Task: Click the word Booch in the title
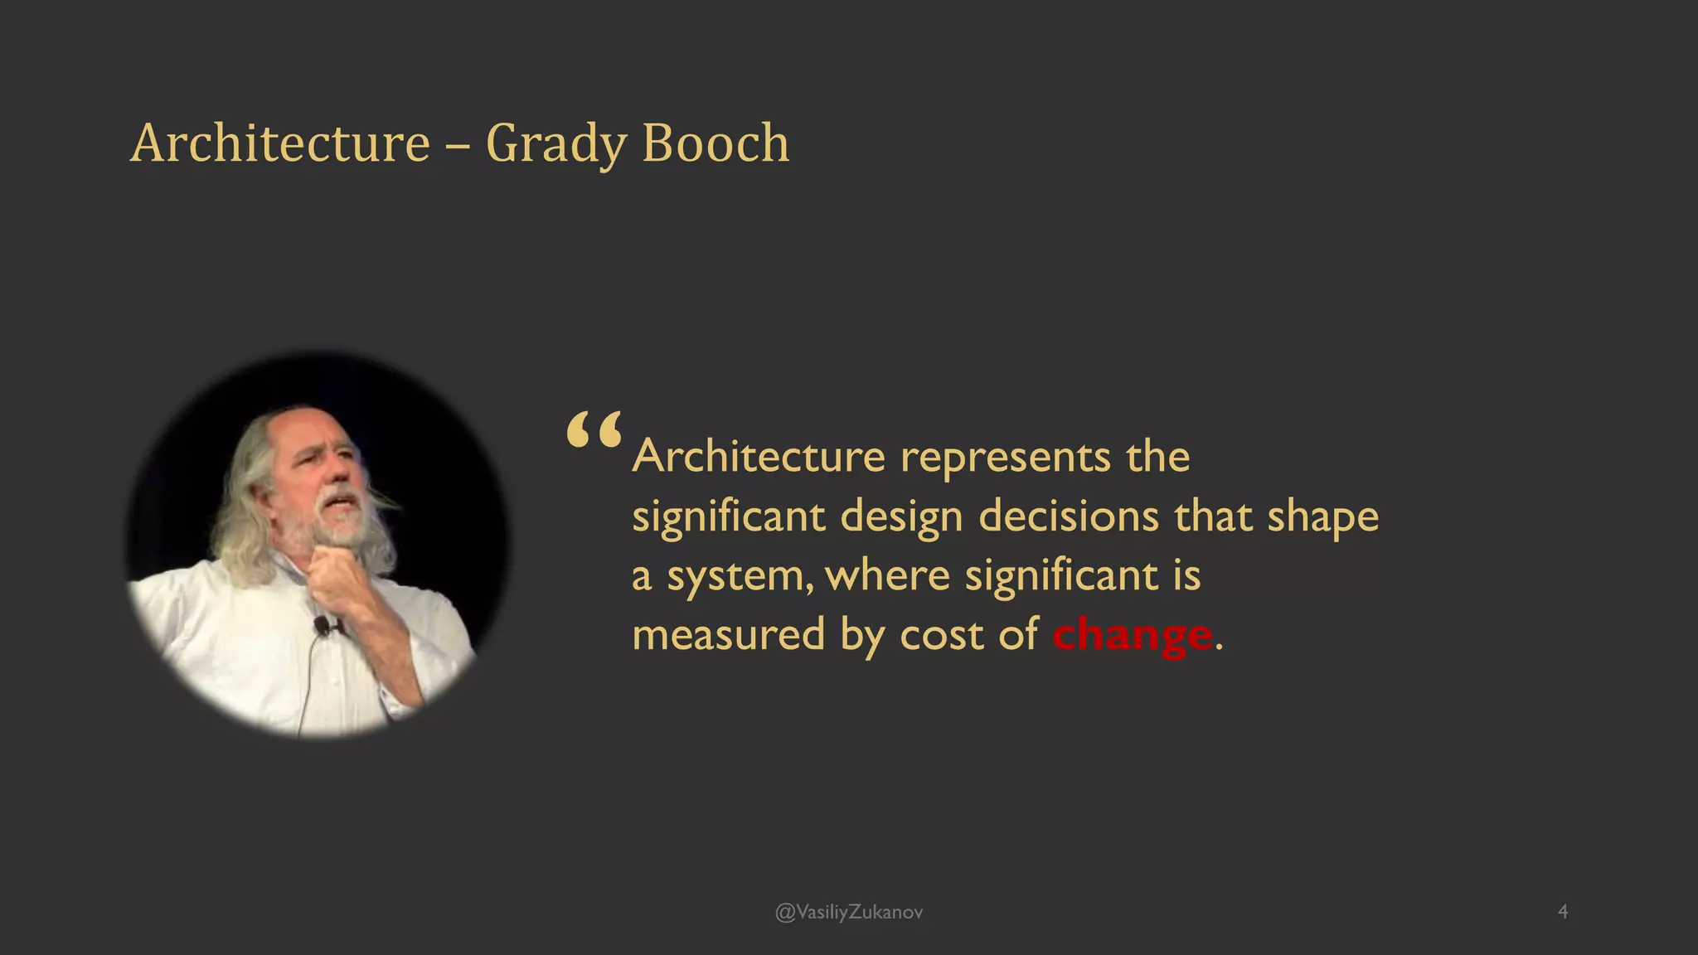pos(715,143)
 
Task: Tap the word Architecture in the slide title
pos(280,143)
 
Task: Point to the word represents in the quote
pos(1005,458)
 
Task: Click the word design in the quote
pos(901,518)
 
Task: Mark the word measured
pos(728,636)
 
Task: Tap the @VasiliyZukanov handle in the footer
pos(848,913)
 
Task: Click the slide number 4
pos(1563,912)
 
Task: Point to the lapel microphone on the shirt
pos(322,625)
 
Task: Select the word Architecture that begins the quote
pos(759,457)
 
